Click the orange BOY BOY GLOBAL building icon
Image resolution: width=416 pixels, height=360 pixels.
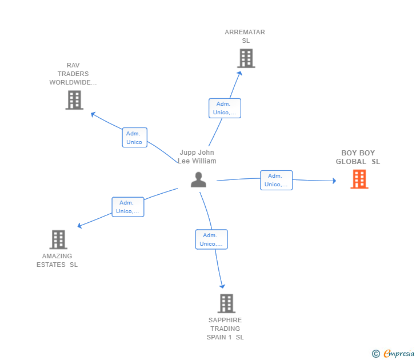pyautogui.click(x=359, y=179)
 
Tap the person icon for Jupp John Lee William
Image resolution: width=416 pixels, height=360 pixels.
pyautogui.click(x=198, y=179)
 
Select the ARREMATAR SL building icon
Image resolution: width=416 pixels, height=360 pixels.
pyautogui.click(x=246, y=58)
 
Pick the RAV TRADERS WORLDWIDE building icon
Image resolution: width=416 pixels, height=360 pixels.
pyautogui.click(x=74, y=100)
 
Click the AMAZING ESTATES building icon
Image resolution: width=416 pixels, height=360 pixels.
pyautogui.click(x=58, y=239)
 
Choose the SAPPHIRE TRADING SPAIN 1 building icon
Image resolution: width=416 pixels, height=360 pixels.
pyautogui.click(x=226, y=303)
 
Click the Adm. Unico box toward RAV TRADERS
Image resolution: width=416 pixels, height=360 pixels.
pyautogui.click(x=134, y=137)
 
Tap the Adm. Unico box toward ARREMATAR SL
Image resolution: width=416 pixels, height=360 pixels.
pyautogui.click(x=225, y=108)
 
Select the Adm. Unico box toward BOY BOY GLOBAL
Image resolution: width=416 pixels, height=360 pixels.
pyautogui.click(x=276, y=180)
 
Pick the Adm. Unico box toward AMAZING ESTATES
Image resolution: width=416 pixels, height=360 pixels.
pyautogui.click(x=127, y=207)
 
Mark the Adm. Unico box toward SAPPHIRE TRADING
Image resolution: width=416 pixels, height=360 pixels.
pyautogui.click(x=211, y=239)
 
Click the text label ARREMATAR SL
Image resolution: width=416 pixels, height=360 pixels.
pyautogui.click(x=245, y=37)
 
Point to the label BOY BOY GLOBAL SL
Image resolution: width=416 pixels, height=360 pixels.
pyautogui.click(x=358, y=157)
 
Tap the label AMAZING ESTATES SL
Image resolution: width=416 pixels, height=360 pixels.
pyautogui.click(x=57, y=261)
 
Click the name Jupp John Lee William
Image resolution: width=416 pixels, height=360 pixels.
pyautogui.click(x=197, y=157)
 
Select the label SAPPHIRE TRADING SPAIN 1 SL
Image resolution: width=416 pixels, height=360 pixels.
pyautogui.click(x=225, y=329)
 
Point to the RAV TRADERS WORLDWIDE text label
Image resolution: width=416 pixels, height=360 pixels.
pyautogui.click(x=73, y=74)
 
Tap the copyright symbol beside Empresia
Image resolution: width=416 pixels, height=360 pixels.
pyautogui.click(x=375, y=354)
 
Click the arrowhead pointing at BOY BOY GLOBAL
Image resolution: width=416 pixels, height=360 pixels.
pyautogui.click(x=334, y=181)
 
